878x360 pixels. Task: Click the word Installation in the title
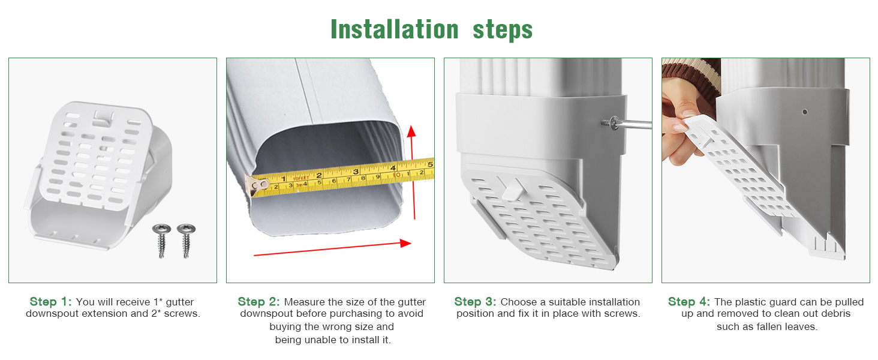click(394, 29)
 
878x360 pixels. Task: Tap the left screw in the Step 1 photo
click(161, 235)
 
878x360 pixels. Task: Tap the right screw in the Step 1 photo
click(185, 235)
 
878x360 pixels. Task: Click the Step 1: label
click(50, 302)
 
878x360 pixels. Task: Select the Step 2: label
click(258, 302)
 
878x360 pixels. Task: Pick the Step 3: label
click(475, 302)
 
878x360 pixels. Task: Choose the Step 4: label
click(689, 302)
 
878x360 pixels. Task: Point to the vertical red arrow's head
click(411, 131)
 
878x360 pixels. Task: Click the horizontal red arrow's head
click(405, 243)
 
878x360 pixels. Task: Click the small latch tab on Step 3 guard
click(510, 191)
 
